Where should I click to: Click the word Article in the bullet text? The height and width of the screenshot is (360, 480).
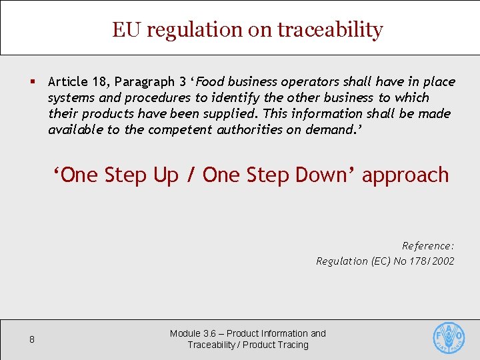click(68, 82)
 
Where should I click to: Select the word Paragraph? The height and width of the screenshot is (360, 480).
click(146, 82)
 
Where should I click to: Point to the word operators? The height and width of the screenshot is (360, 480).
click(309, 82)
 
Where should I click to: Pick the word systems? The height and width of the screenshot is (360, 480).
click(71, 98)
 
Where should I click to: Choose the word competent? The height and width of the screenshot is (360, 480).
click(180, 129)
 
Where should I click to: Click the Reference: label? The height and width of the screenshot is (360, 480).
click(428, 245)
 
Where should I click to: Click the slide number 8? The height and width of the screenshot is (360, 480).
click(32, 339)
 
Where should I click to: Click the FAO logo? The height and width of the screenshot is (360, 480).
click(449, 337)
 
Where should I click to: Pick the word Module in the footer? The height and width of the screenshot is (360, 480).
click(185, 333)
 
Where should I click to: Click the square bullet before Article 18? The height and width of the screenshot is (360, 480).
click(32, 82)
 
